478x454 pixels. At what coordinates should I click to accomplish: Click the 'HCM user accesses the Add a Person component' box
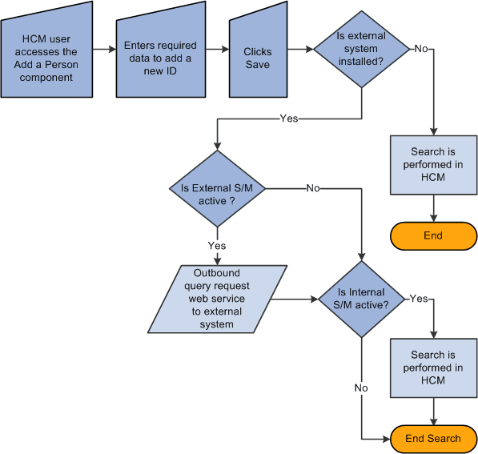47,56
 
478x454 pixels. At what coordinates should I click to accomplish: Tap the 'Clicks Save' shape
257,56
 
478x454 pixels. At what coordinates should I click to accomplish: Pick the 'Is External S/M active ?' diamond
216,189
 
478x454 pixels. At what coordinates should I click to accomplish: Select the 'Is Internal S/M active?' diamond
362,299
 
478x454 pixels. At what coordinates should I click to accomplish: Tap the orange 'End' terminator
433,235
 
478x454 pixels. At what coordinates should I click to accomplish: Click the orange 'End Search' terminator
433,438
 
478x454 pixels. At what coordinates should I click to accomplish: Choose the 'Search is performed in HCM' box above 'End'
433,165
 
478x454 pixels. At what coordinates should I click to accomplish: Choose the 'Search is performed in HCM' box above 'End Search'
433,368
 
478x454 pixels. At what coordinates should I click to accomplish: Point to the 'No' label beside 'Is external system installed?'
420,49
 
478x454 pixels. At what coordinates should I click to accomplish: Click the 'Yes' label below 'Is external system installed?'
289,118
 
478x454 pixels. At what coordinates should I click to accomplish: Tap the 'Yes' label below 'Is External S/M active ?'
216,245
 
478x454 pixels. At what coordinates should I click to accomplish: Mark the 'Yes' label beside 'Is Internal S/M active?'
419,299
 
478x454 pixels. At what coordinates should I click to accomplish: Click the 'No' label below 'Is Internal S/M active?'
362,388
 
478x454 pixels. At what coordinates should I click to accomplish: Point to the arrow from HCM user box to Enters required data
103,50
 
